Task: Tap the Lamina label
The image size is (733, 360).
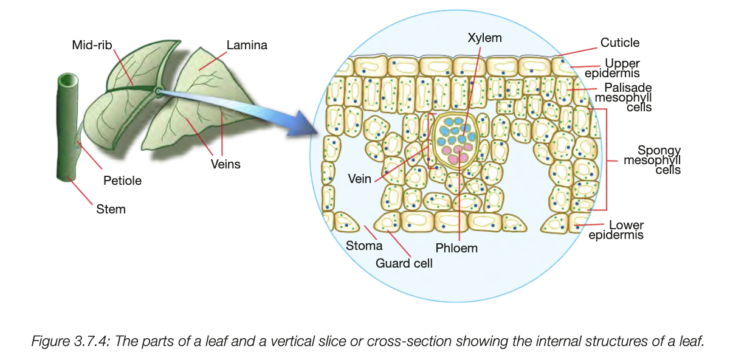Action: click(x=247, y=45)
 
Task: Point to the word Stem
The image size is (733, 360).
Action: click(x=111, y=209)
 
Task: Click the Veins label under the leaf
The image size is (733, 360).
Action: click(x=225, y=164)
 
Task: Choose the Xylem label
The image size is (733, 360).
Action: click(x=484, y=38)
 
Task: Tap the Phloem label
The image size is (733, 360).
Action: click(x=456, y=248)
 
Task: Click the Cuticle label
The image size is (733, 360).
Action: click(x=619, y=43)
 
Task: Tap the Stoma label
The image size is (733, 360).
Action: click(x=364, y=246)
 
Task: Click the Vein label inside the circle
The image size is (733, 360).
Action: click(x=360, y=179)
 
